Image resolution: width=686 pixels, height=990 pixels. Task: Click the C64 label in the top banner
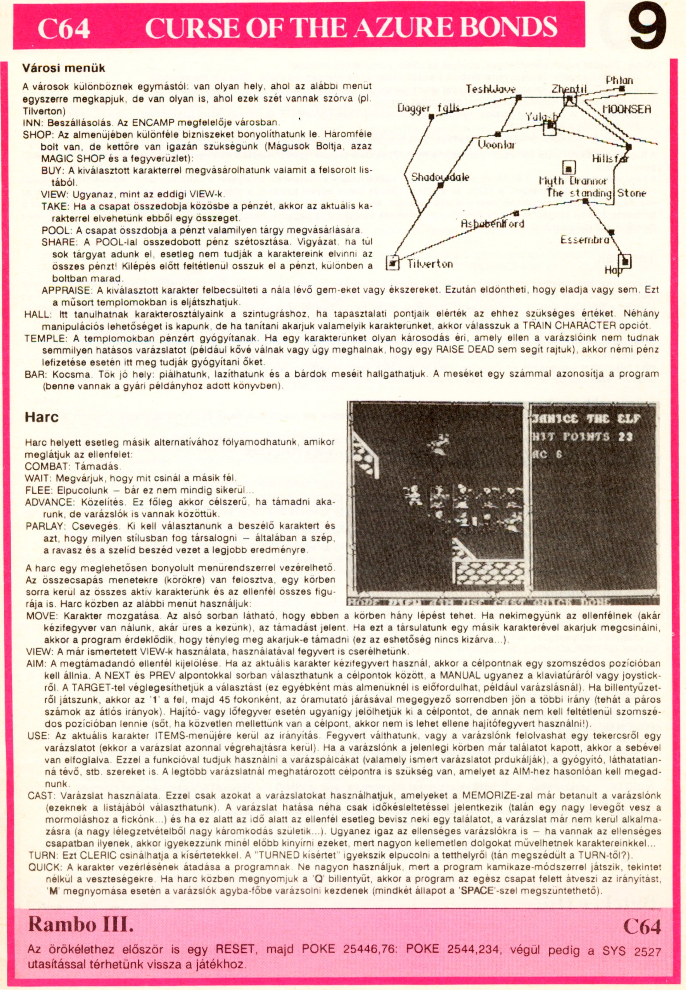pos(63,29)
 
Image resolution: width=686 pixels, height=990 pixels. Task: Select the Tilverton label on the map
pos(430,264)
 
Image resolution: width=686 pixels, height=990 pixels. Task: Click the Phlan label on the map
pos(620,80)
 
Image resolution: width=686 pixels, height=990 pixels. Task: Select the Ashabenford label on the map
pos(493,223)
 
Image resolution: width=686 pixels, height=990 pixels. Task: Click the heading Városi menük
pos(63,68)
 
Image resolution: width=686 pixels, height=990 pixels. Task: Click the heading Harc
pos(41,417)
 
